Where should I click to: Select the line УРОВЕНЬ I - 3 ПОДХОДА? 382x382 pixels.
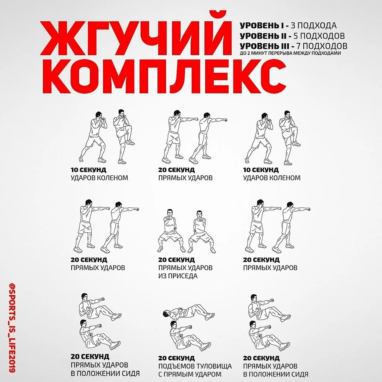click(x=288, y=26)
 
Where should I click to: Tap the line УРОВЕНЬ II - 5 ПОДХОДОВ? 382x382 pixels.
click(x=292, y=36)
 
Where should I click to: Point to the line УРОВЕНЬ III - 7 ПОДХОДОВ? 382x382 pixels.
click(x=293, y=46)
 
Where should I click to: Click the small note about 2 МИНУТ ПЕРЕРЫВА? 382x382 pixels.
click(x=290, y=53)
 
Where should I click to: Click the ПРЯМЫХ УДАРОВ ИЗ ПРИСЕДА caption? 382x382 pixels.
click(x=185, y=272)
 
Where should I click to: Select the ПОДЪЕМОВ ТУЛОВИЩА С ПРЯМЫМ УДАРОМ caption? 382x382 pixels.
click(x=195, y=370)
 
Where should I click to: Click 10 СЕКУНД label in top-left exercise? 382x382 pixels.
click(x=88, y=170)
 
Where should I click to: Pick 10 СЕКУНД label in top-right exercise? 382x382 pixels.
click(x=261, y=170)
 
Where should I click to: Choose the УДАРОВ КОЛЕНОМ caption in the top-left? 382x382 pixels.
click(x=99, y=178)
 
